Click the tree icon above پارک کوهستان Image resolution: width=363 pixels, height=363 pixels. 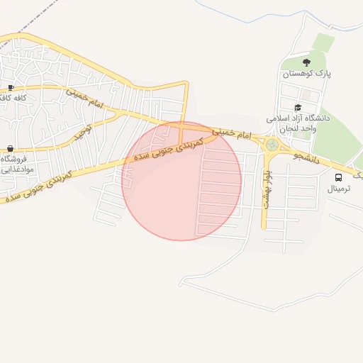tap(306, 62)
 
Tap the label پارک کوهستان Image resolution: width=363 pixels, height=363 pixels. tap(307, 74)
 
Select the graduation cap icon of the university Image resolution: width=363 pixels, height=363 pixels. tap(297, 108)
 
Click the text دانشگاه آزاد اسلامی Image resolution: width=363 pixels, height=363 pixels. tap(298, 119)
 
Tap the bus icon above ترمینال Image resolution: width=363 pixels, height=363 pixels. tap(338, 177)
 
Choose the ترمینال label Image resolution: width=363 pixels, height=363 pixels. tap(343, 189)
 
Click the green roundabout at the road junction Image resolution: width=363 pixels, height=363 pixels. tap(272, 146)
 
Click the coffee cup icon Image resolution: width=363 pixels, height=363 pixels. tap(11, 87)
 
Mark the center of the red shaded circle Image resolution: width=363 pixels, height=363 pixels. tap(181, 181)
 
